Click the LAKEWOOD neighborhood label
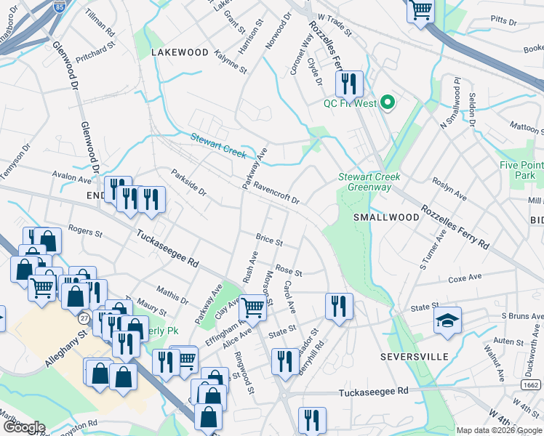pyautogui.click(x=180, y=53)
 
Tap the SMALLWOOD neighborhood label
pyautogui.click(x=382, y=217)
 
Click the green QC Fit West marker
pyautogui.click(x=387, y=103)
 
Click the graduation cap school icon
pyautogui.click(x=447, y=320)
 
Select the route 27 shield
pyautogui.click(x=85, y=318)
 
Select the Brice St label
pyautogui.click(x=269, y=239)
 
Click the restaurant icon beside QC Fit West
pyautogui.click(x=350, y=84)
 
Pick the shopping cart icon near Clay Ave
pyautogui.click(x=252, y=307)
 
